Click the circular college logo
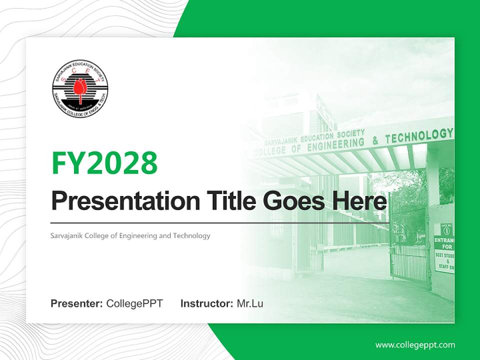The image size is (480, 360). (x=80, y=88)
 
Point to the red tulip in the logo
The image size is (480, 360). (x=78, y=89)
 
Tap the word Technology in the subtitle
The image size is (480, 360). (x=191, y=235)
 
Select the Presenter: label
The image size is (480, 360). (x=77, y=303)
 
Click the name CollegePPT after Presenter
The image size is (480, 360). (x=134, y=303)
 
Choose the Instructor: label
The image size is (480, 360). (x=206, y=303)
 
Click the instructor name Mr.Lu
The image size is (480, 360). (x=250, y=303)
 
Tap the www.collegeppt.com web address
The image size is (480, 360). (x=415, y=345)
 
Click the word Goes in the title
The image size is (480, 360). (x=292, y=201)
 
